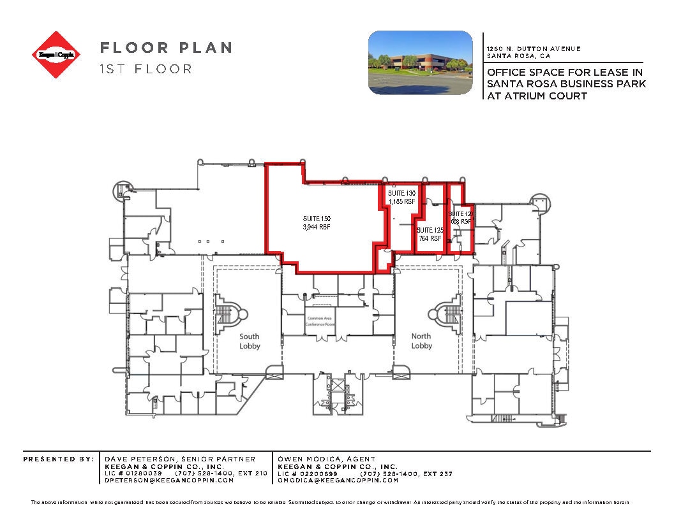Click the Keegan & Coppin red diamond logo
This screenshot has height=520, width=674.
click(x=57, y=55)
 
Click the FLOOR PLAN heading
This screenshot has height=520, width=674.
click(x=165, y=48)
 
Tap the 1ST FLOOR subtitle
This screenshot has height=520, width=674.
click(x=146, y=69)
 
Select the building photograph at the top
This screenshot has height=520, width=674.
click(x=421, y=63)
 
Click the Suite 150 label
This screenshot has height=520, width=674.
click(x=317, y=222)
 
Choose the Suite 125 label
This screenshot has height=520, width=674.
click(x=430, y=234)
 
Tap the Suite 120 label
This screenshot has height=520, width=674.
click(x=460, y=217)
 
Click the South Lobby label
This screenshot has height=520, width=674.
click(x=250, y=341)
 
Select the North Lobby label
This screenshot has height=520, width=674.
click(x=421, y=341)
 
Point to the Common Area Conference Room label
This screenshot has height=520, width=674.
click(x=320, y=321)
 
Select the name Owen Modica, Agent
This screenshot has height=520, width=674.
click(x=327, y=459)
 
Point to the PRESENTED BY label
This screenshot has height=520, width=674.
click(x=57, y=459)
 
